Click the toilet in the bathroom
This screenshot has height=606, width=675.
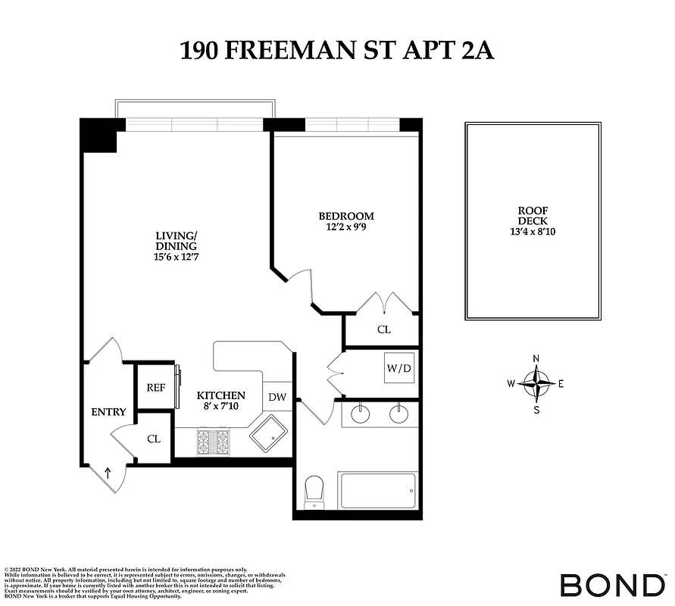314,493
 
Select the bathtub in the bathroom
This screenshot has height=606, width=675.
378,492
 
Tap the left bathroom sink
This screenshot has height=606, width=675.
361,414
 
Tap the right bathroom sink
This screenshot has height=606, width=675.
398,414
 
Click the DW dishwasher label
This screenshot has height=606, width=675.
277,397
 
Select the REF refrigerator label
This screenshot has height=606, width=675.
155,387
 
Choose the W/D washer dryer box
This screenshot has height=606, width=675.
399,369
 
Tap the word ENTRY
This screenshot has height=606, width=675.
108,412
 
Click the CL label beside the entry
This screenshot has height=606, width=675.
154,439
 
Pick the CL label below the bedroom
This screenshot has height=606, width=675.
383,330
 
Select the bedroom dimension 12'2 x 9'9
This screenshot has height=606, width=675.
346,226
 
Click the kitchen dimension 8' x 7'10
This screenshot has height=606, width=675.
220,407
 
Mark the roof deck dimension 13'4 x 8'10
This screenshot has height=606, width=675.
532,232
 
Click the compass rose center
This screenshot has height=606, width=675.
536,383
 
